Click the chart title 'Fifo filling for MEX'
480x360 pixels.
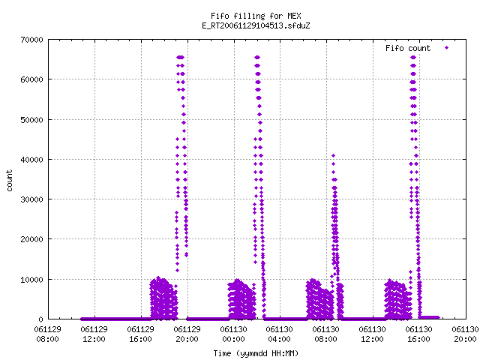pyautogui.click(x=256, y=16)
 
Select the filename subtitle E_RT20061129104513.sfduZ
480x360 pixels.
pyautogui.click(x=256, y=25)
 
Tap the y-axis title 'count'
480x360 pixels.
pyautogui.click(x=10, y=181)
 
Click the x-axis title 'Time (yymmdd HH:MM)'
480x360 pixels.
pyautogui.click(x=256, y=353)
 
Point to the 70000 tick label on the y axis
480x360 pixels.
pyautogui.click(x=31, y=40)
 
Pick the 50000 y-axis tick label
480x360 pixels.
pyautogui.click(x=31, y=120)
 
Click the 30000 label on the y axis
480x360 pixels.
pyautogui.click(x=31, y=199)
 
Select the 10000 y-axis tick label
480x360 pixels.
pyautogui.click(x=31, y=280)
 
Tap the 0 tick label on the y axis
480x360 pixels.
pyautogui.click(x=41, y=319)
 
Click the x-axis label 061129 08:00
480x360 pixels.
pyautogui.click(x=48, y=334)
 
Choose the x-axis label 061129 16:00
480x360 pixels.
pyautogui.click(x=140, y=334)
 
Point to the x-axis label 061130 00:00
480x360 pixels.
pyautogui.click(x=233, y=334)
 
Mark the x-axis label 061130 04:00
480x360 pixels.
pyautogui.click(x=280, y=334)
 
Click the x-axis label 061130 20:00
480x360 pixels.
pyautogui.click(x=465, y=334)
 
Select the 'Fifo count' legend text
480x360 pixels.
pyautogui.click(x=408, y=48)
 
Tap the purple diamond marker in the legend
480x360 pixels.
pyautogui.click(x=447, y=47)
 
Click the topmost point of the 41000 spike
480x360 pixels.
pyautogui.click(x=333, y=156)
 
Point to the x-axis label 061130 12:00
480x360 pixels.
pyautogui.click(x=372, y=334)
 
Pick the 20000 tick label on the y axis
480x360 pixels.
pyautogui.click(x=31, y=239)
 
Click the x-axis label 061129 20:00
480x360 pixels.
pyautogui.click(x=187, y=334)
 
